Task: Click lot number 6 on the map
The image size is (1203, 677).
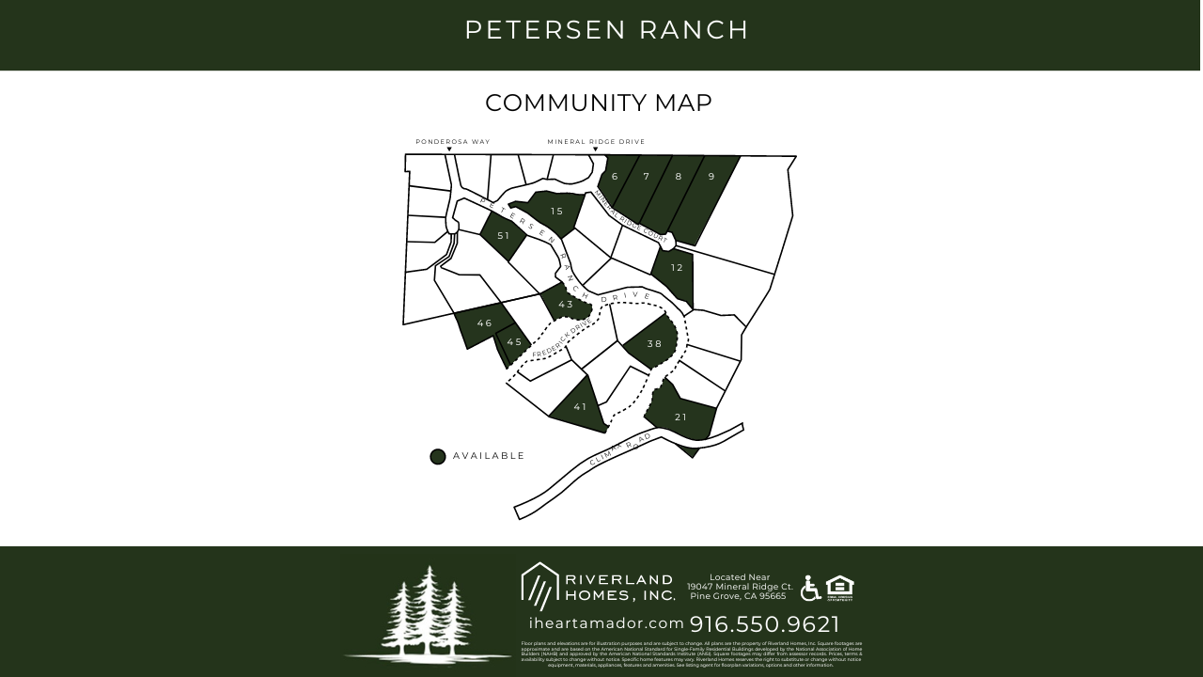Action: (x=615, y=177)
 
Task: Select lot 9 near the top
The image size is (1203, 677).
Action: (x=711, y=177)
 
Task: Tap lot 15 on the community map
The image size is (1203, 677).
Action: (x=556, y=212)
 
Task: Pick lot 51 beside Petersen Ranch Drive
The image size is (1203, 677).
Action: (x=503, y=236)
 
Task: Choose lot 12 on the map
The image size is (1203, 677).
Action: (x=677, y=268)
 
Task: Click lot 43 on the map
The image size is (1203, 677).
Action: (x=565, y=305)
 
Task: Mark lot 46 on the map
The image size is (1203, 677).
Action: (x=484, y=323)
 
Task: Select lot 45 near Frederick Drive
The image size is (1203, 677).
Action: (x=514, y=342)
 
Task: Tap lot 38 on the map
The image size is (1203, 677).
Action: (x=654, y=344)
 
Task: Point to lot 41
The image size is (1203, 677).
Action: (x=580, y=407)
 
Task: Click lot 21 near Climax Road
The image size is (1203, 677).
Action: (x=680, y=417)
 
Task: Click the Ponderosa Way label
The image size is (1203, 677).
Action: (x=453, y=142)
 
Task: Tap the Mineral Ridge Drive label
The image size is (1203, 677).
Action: (x=596, y=142)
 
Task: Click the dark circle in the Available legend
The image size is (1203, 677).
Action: (x=437, y=457)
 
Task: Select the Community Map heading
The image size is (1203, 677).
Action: (x=599, y=102)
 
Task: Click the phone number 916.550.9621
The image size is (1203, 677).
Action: (x=765, y=624)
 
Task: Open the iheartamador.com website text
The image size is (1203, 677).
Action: (x=606, y=623)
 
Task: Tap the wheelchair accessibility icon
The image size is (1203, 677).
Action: (x=810, y=589)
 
